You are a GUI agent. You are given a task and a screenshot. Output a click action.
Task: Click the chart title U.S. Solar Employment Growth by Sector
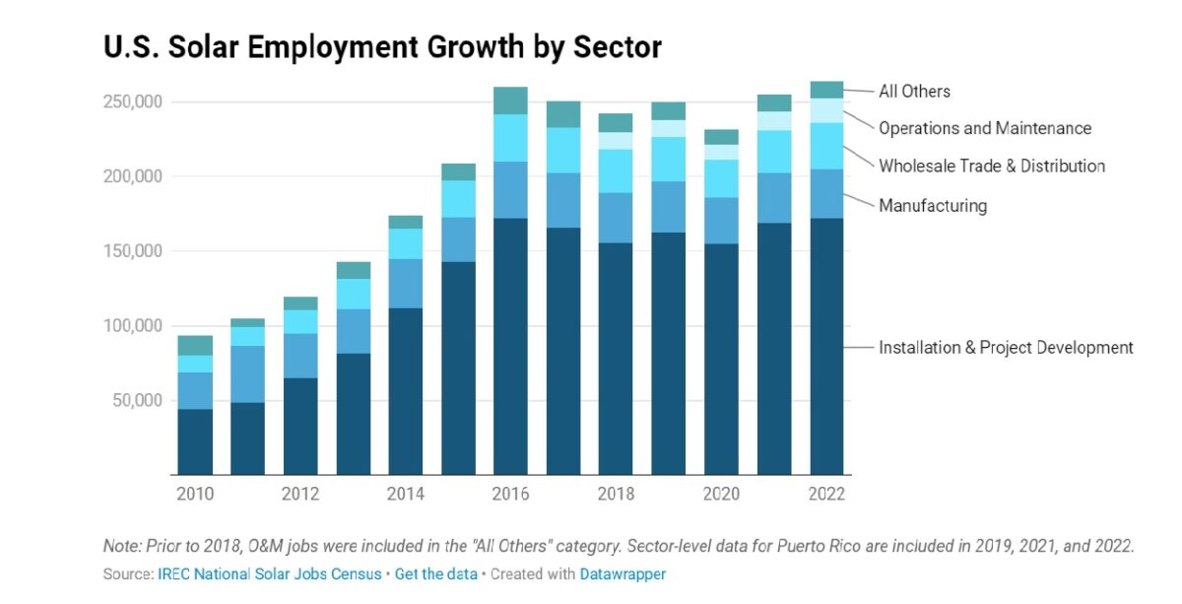tap(382, 46)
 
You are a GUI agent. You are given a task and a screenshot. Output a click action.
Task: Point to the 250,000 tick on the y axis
tap(132, 102)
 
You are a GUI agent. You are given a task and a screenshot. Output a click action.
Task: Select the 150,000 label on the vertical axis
tap(132, 251)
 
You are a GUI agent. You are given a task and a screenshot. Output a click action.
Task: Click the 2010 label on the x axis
tap(195, 495)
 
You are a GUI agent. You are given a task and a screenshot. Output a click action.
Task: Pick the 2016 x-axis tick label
tap(510, 495)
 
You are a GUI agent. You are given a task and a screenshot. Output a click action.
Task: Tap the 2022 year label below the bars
tap(826, 495)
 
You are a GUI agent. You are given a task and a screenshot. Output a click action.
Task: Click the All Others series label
tap(914, 92)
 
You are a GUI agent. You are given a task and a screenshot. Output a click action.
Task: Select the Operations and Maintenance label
tap(985, 128)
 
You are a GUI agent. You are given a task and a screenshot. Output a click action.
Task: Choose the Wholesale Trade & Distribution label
tap(992, 167)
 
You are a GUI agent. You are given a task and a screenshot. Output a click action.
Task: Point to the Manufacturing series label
tap(932, 206)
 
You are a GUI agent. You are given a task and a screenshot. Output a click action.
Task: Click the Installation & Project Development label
tap(1006, 348)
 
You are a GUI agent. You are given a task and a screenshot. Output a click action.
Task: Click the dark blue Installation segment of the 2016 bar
tap(510, 345)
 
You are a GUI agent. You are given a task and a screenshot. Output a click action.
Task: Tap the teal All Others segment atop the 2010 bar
tap(195, 345)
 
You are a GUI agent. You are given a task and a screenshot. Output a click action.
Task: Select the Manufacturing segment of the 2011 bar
tap(247, 373)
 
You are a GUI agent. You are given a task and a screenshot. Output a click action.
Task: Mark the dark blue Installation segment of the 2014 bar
tap(405, 390)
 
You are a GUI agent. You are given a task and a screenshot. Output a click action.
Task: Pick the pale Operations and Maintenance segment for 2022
tap(826, 110)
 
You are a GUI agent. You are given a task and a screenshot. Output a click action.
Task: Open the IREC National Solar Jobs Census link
tap(270, 573)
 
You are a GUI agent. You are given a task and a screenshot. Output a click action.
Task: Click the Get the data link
tap(436, 573)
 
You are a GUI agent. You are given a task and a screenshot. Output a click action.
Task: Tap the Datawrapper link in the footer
tap(623, 573)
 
